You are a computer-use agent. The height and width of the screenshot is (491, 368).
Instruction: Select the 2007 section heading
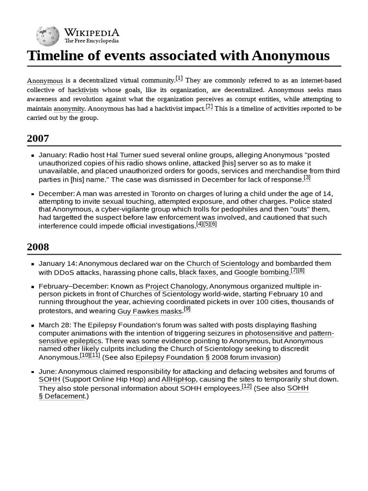38,139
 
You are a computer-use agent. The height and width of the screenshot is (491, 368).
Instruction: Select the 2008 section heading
38,247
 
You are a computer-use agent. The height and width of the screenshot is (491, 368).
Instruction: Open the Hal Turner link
124,155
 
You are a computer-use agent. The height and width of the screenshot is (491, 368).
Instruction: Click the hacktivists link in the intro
83,90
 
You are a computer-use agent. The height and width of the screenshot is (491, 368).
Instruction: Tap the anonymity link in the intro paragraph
69,108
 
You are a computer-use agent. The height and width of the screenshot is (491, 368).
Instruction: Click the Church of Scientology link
223,263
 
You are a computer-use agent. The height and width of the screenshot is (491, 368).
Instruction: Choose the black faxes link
197,272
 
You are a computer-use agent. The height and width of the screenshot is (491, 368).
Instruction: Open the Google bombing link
262,272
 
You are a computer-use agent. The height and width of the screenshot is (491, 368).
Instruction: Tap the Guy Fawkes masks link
150,311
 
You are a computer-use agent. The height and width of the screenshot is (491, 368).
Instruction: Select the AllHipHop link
179,379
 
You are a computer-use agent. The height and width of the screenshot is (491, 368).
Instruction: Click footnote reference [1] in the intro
179,78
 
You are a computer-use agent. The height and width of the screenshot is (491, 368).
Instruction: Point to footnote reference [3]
307,177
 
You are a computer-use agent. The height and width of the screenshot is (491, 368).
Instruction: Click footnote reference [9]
187,309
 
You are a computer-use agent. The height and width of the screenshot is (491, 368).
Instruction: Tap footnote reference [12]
247,386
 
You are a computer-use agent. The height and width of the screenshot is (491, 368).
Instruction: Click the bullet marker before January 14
33,264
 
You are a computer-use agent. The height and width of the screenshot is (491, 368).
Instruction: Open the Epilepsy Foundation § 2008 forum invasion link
207,357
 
